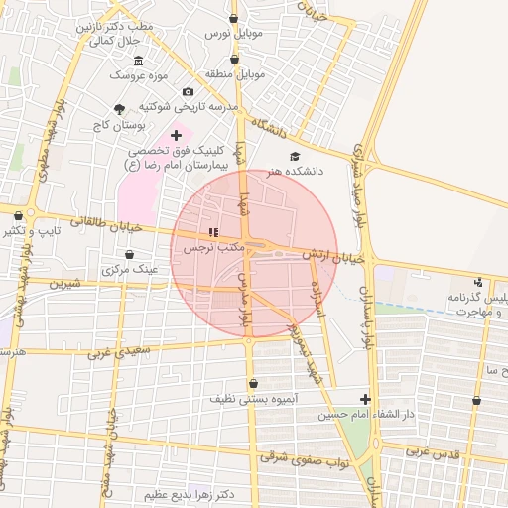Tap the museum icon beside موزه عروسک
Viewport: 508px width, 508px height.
point(138,61)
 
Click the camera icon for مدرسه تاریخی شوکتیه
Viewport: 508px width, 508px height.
point(189,92)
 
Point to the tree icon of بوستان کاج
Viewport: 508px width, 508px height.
point(120,109)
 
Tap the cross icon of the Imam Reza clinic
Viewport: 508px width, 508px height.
point(177,135)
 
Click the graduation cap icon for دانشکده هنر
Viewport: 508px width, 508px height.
point(294,157)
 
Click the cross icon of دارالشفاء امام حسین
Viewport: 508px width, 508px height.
point(365,399)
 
